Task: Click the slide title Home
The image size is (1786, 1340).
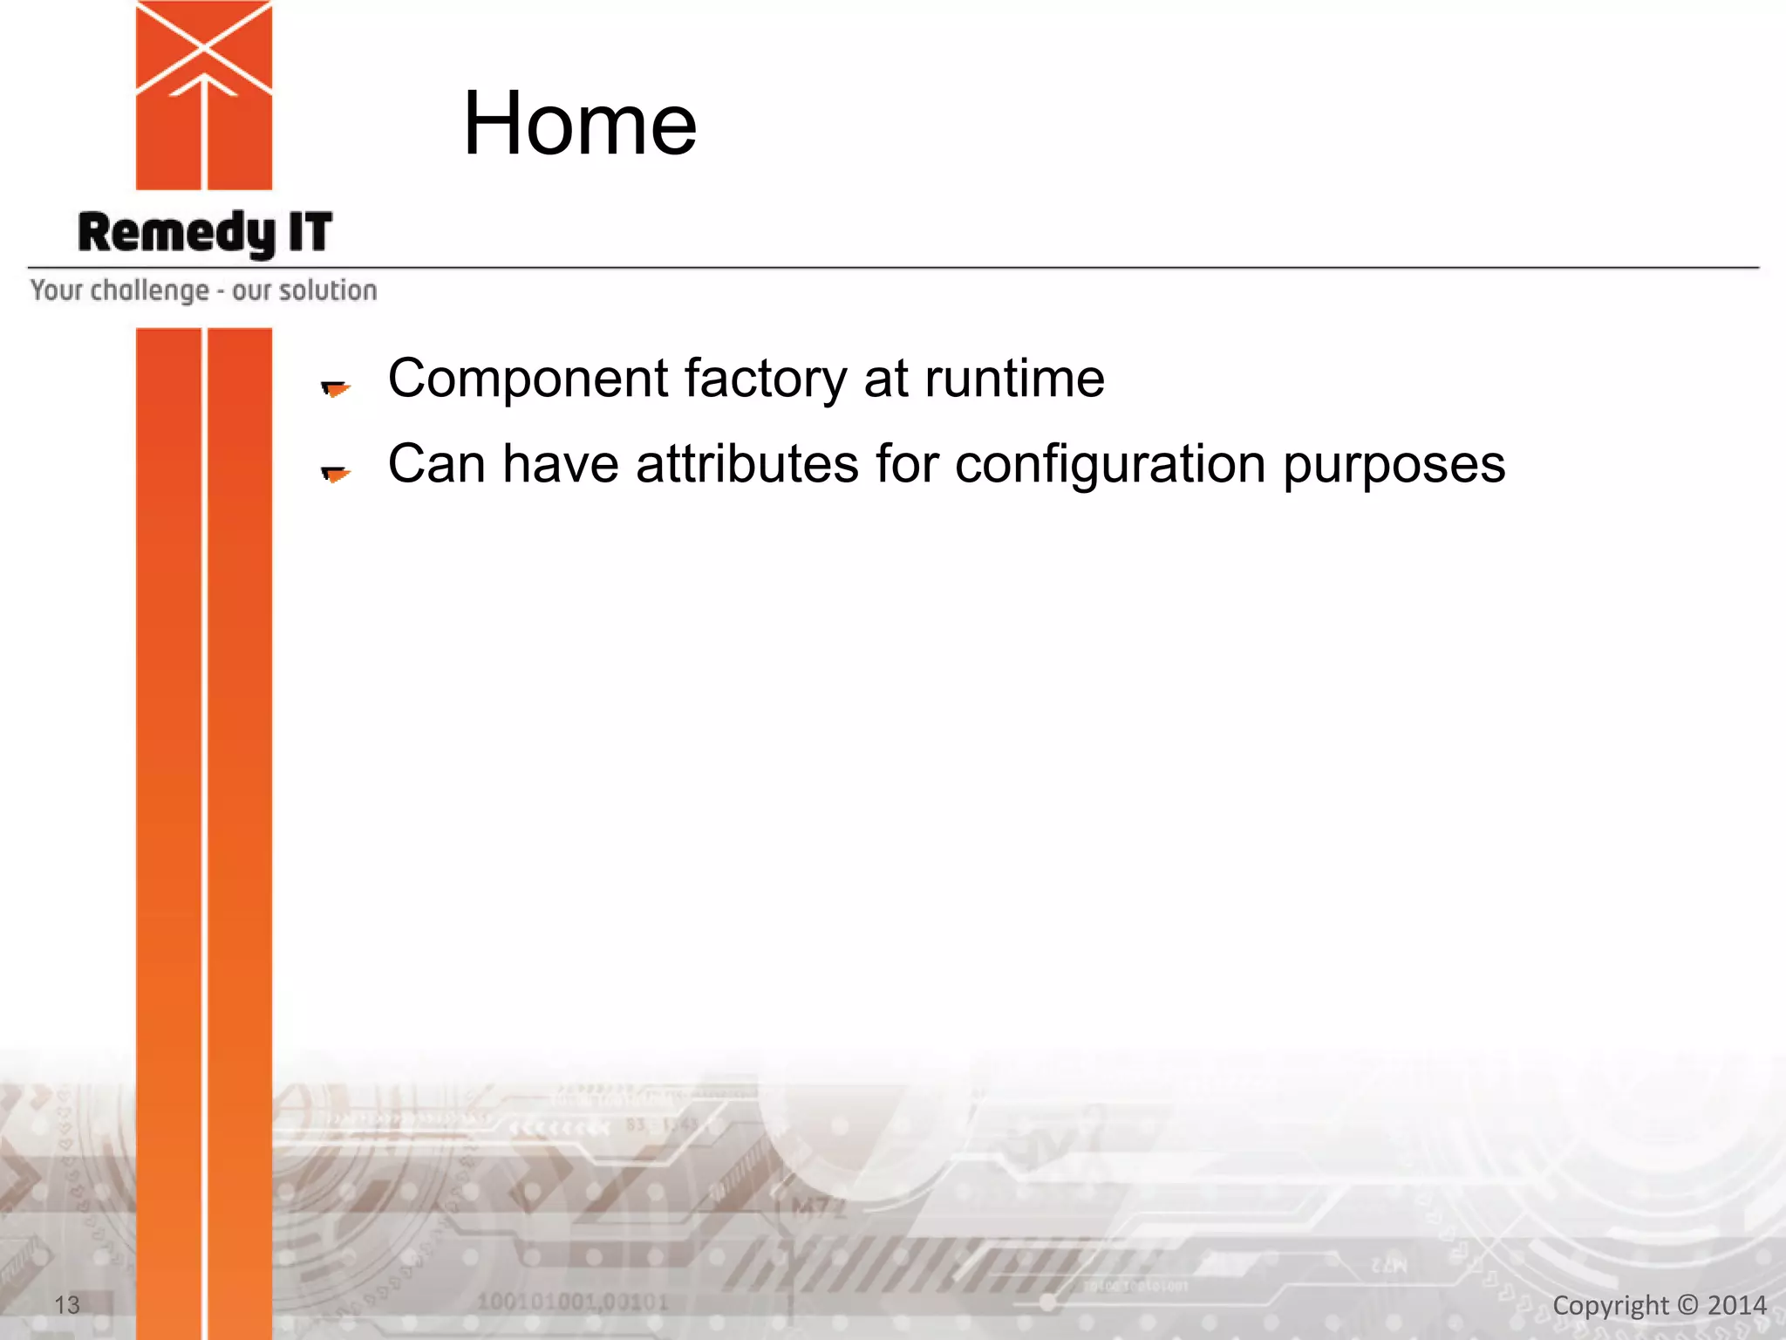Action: coord(579,124)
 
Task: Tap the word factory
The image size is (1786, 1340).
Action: coord(765,379)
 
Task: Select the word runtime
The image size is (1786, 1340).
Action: coord(1013,379)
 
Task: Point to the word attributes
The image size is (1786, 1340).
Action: coord(746,464)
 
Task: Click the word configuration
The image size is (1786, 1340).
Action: coord(1109,464)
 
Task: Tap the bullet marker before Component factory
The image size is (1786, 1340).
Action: coord(335,387)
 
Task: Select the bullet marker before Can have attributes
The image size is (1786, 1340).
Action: coord(335,473)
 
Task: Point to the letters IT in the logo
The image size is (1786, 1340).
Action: coord(310,232)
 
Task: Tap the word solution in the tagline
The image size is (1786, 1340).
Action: coord(328,291)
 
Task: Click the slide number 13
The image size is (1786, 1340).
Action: coord(67,1305)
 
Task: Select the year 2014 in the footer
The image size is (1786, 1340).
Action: coord(1736,1305)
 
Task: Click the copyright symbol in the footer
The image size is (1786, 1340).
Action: coord(1687,1305)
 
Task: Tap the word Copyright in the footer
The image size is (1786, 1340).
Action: coord(1610,1306)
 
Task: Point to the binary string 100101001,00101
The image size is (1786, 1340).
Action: coord(572,1302)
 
